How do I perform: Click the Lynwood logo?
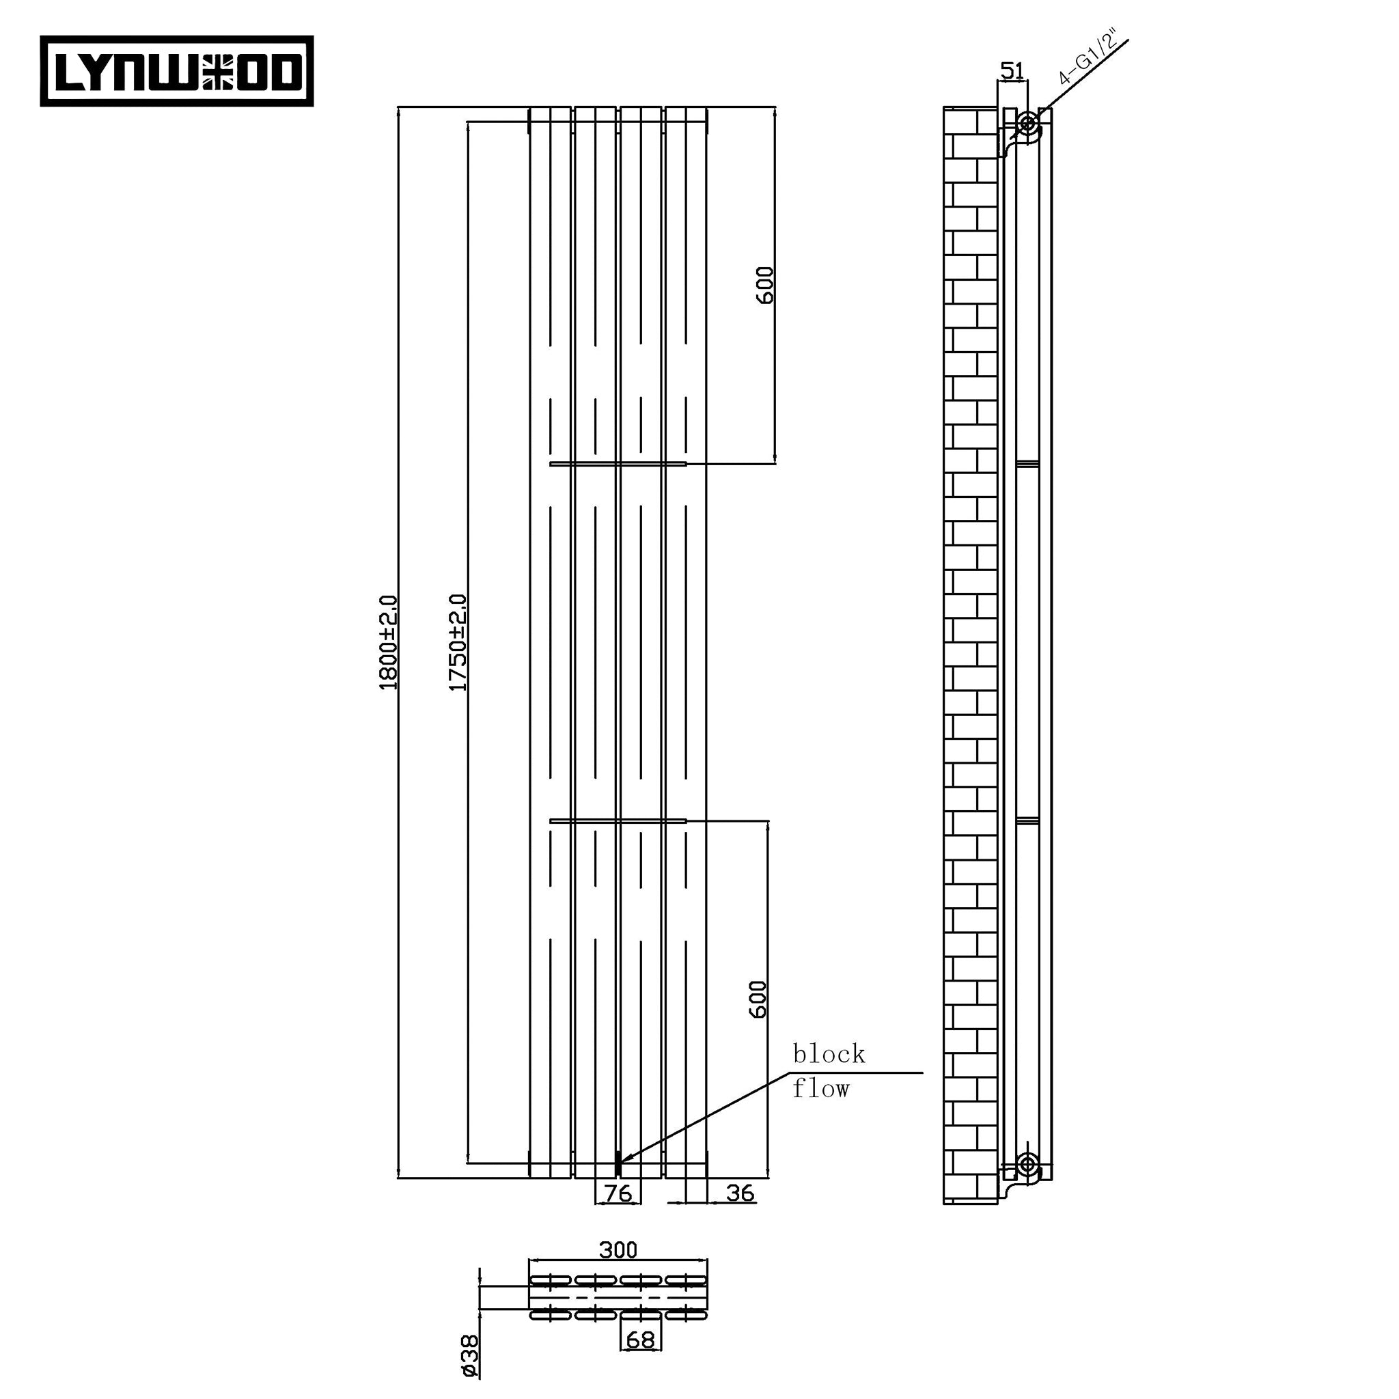pos(177,71)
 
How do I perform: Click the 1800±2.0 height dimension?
pos(388,642)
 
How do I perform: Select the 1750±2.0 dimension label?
pos(458,642)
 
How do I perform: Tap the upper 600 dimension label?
pos(764,286)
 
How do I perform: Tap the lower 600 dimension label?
pos(758,1000)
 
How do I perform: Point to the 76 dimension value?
pos(618,1193)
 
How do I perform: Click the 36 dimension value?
pos(739,1193)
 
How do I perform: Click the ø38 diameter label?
pos(469,1355)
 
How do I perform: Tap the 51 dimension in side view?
pos(1012,71)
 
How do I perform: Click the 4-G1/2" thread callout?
pos(1086,58)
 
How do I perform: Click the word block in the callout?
pos(829,1054)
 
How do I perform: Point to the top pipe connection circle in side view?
pos(1027,124)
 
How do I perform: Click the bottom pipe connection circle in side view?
pos(1026,1165)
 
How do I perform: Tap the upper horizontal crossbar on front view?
pos(618,462)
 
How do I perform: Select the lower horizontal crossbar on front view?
pos(618,820)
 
